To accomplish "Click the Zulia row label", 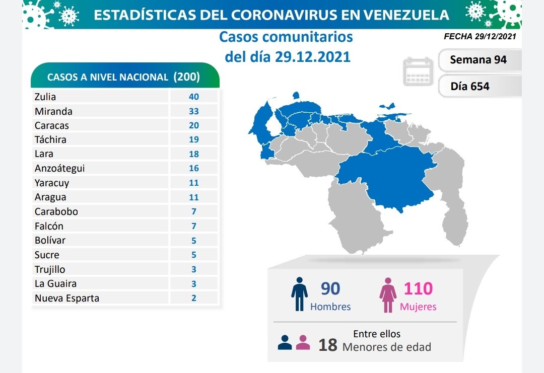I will point(45,97).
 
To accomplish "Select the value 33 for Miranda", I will point(194,111).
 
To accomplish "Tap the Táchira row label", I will point(50,139).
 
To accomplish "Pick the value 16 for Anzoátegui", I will point(194,169).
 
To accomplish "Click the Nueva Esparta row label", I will point(67,298).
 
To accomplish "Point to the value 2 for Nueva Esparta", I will point(194,298).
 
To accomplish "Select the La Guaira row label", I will point(55,284).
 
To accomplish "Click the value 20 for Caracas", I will point(194,125).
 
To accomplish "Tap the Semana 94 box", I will point(478,60).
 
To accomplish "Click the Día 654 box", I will point(470,86).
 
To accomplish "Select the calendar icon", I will point(419,71).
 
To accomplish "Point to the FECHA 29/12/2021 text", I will point(480,36).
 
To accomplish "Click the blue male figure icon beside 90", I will point(299,294).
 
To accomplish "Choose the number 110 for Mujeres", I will point(418,288).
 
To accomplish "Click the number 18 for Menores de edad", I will point(327,345).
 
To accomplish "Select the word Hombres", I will point(330,306).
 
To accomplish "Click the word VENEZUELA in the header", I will point(407,15).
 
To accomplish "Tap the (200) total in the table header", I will point(186,77).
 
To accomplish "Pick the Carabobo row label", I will point(56,211).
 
